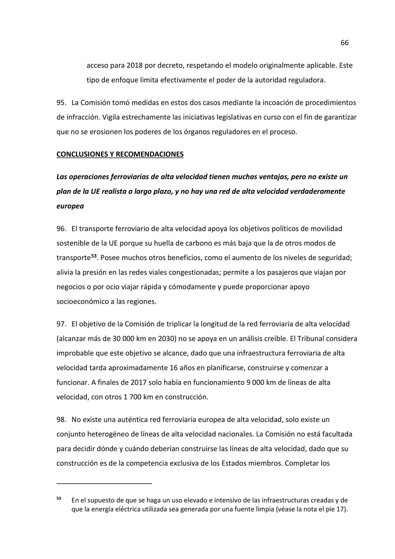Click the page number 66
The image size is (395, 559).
(344, 43)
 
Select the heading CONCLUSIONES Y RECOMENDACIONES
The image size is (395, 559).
(120, 154)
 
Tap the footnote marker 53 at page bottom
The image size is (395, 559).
(59, 498)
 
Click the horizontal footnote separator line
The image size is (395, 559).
(104, 483)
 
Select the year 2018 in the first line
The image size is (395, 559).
(134, 65)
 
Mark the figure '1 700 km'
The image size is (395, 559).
(138, 397)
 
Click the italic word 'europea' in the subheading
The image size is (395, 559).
(70, 206)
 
